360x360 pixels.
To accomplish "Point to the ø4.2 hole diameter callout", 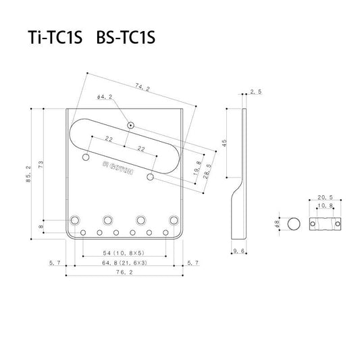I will pyautogui.click(x=105, y=98).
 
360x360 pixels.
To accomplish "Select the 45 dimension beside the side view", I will pyautogui.click(x=224, y=143).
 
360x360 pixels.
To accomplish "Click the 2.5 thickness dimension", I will pyautogui.click(x=255, y=91).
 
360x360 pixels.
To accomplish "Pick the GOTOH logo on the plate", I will pyautogui.click(x=118, y=172).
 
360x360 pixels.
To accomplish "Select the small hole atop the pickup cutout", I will pyautogui.click(x=130, y=125).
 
